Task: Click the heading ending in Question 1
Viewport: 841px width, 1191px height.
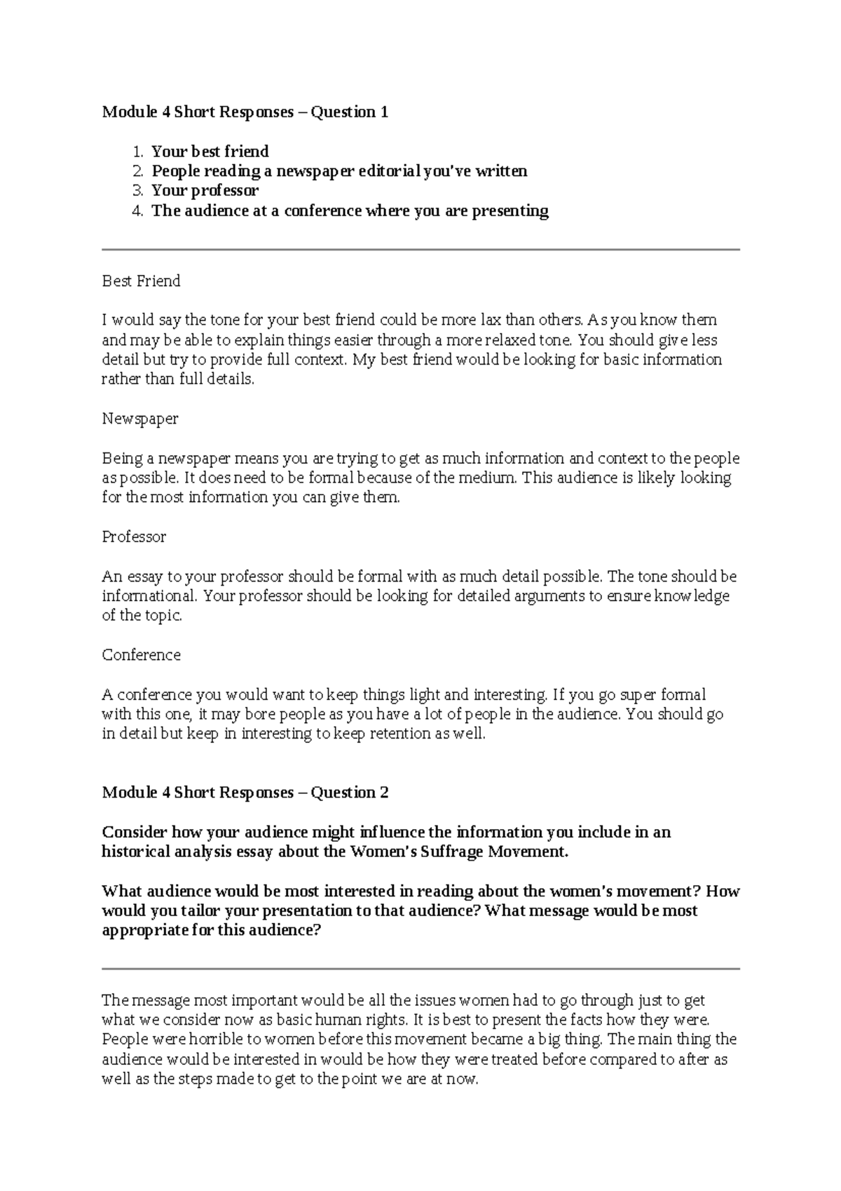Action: pyautogui.click(x=245, y=112)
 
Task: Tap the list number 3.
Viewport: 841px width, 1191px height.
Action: pyautogui.click(x=137, y=191)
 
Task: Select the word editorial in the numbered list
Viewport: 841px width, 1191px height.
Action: pyautogui.click(x=389, y=171)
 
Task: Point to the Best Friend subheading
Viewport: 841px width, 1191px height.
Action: pyautogui.click(x=141, y=281)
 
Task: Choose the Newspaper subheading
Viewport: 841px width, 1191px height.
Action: pyautogui.click(x=140, y=419)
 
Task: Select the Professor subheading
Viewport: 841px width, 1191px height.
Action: pyautogui.click(x=134, y=537)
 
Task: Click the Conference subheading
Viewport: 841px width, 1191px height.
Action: pyautogui.click(x=141, y=655)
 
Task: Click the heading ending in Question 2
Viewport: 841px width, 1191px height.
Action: pyautogui.click(x=245, y=793)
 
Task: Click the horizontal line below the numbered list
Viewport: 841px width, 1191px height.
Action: pyautogui.click(x=420, y=249)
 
